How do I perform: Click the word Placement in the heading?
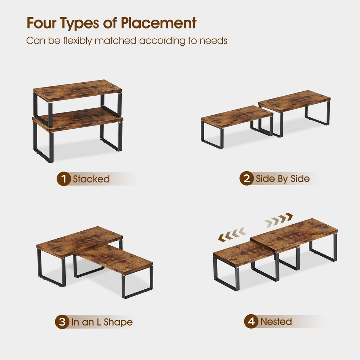pyautogui.click(x=159, y=23)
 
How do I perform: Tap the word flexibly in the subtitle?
pyautogui.click(x=77, y=41)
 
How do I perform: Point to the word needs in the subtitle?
pyautogui.click(x=213, y=41)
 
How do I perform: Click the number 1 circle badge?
pyautogui.click(x=63, y=179)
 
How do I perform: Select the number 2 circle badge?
pyautogui.click(x=246, y=178)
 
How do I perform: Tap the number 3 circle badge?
pyautogui.click(x=62, y=322)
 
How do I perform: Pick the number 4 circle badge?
pyautogui.click(x=251, y=321)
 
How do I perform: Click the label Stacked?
pyautogui.click(x=91, y=179)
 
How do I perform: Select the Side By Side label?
pyautogui.click(x=283, y=179)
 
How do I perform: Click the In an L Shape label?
pyautogui.click(x=102, y=322)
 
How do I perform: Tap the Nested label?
pyautogui.click(x=276, y=321)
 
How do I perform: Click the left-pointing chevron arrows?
pyautogui.click(x=232, y=234)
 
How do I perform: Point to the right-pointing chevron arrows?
pyautogui.click(x=279, y=220)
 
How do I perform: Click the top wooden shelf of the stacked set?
pyautogui.click(x=78, y=90)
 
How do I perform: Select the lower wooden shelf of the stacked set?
pyautogui.click(x=78, y=120)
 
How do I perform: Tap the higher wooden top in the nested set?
pyautogui.click(x=294, y=235)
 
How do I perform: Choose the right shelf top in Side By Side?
pyautogui.click(x=294, y=101)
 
